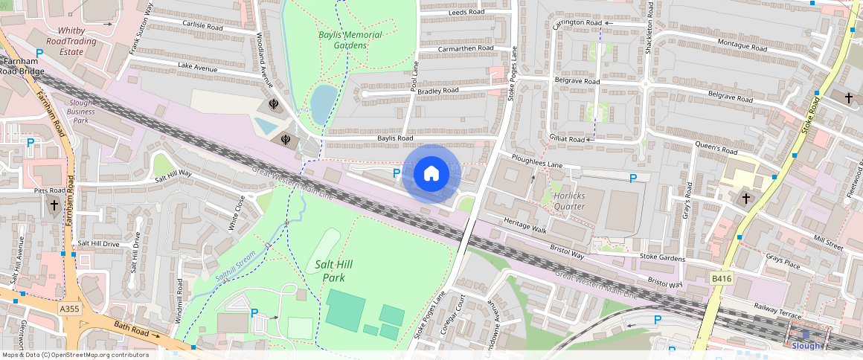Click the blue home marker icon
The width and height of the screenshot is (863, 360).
[431, 174]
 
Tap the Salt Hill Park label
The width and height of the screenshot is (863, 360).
[333, 271]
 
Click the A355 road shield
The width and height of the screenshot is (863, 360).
[69, 308]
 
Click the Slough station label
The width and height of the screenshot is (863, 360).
[805, 346]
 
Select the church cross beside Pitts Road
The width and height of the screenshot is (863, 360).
[54, 205]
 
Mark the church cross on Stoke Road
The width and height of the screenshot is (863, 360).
[849, 97]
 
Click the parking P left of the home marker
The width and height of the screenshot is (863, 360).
[397, 173]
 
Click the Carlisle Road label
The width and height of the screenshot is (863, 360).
[202, 24]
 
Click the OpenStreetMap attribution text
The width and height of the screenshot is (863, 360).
[74, 355]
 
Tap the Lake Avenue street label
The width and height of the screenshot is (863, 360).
[197, 68]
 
